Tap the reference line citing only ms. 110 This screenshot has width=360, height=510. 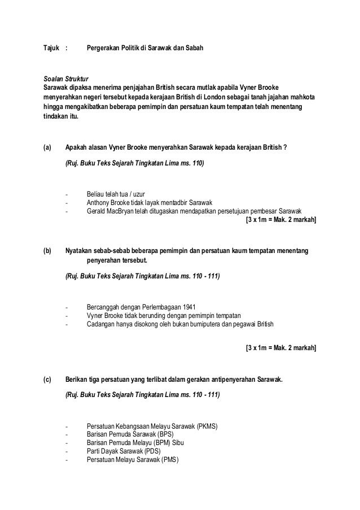[x=134, y=163]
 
